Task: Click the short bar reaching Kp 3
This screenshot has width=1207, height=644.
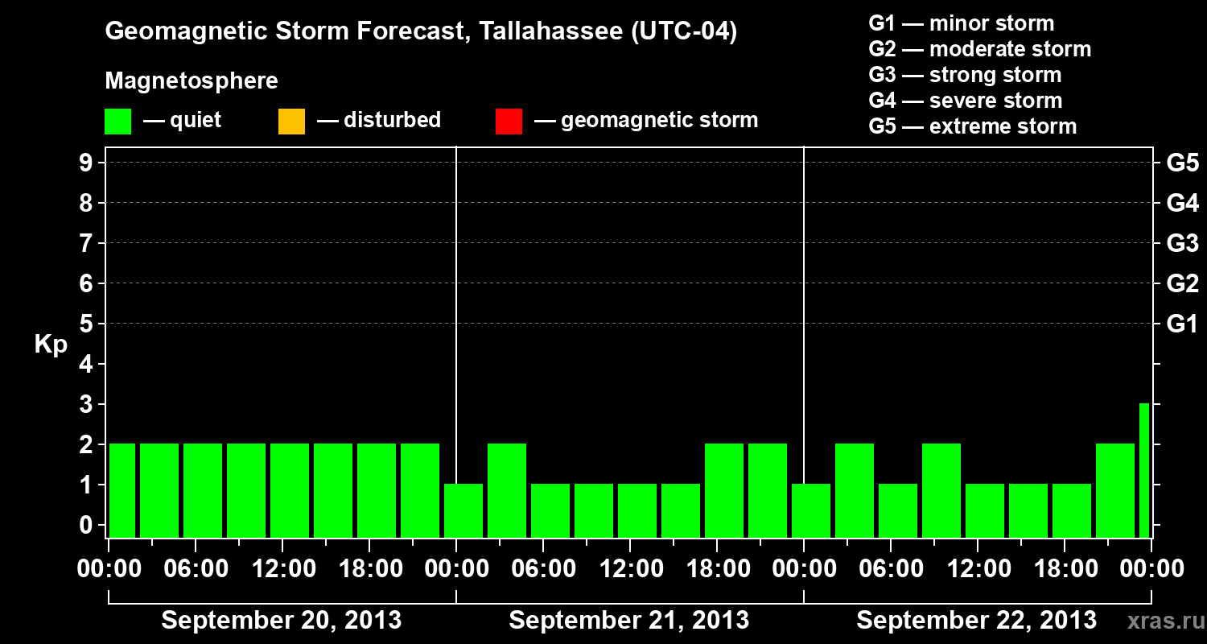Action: (x=1143, y=470)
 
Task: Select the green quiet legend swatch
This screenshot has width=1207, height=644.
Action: (x=117, y=122)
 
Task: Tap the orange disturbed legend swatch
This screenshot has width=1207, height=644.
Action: (x=291, y=122)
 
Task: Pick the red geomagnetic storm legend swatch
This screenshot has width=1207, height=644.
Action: (x=509, y=122)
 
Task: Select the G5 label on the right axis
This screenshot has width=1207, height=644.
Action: (x=1182, y=163)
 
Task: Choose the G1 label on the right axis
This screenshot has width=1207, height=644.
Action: (x=1182, y=324)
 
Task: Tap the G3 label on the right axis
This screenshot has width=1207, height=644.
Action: (x=1182, y=244)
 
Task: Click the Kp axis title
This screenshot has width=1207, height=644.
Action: (x=51, y=345)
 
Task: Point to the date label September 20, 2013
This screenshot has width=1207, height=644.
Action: (x=282, y=621)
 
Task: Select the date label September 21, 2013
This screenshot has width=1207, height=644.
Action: (x=629, y=621)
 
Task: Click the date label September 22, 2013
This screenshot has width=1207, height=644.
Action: (x=976, y=621)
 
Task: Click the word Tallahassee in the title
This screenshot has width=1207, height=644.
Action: (x=543, y=32)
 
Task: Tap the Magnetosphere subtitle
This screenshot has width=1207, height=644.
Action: (x=192, y=81)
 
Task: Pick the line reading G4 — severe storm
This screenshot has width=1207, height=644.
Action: (x=965, y=101)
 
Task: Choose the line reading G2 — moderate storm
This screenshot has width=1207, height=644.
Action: (x=979, y=49)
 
